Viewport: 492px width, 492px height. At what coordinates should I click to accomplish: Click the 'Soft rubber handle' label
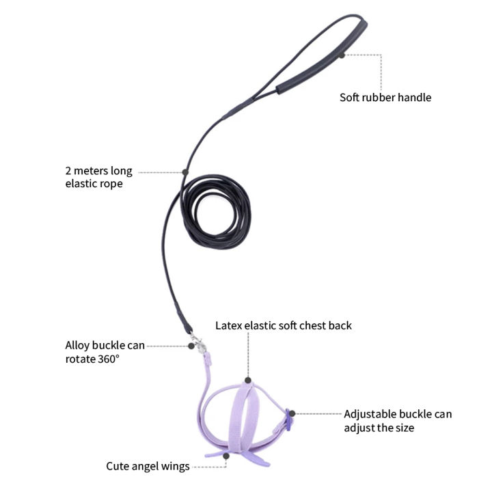point(385,97)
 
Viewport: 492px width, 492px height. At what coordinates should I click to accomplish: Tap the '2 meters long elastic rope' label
point(99,177)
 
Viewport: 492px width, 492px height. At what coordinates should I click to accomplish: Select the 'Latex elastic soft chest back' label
point(284,325)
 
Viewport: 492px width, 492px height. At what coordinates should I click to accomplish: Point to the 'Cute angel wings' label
point(148,466)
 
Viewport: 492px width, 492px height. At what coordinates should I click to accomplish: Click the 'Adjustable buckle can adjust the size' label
point(398,421)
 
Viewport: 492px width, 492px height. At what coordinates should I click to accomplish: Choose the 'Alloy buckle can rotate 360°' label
point(105,352)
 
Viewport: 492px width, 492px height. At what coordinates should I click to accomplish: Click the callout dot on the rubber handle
point(342,55)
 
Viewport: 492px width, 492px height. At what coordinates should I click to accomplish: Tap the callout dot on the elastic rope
point(185,172)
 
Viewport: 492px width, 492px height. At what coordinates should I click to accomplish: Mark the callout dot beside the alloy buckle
point(191,346)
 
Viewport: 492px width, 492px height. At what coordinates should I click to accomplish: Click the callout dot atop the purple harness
point(248,381)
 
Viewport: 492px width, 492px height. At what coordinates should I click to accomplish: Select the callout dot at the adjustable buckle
point(292,413)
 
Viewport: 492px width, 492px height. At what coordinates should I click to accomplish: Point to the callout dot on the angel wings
point(226,456)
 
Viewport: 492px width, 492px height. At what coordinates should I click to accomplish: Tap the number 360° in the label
point(109,359)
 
